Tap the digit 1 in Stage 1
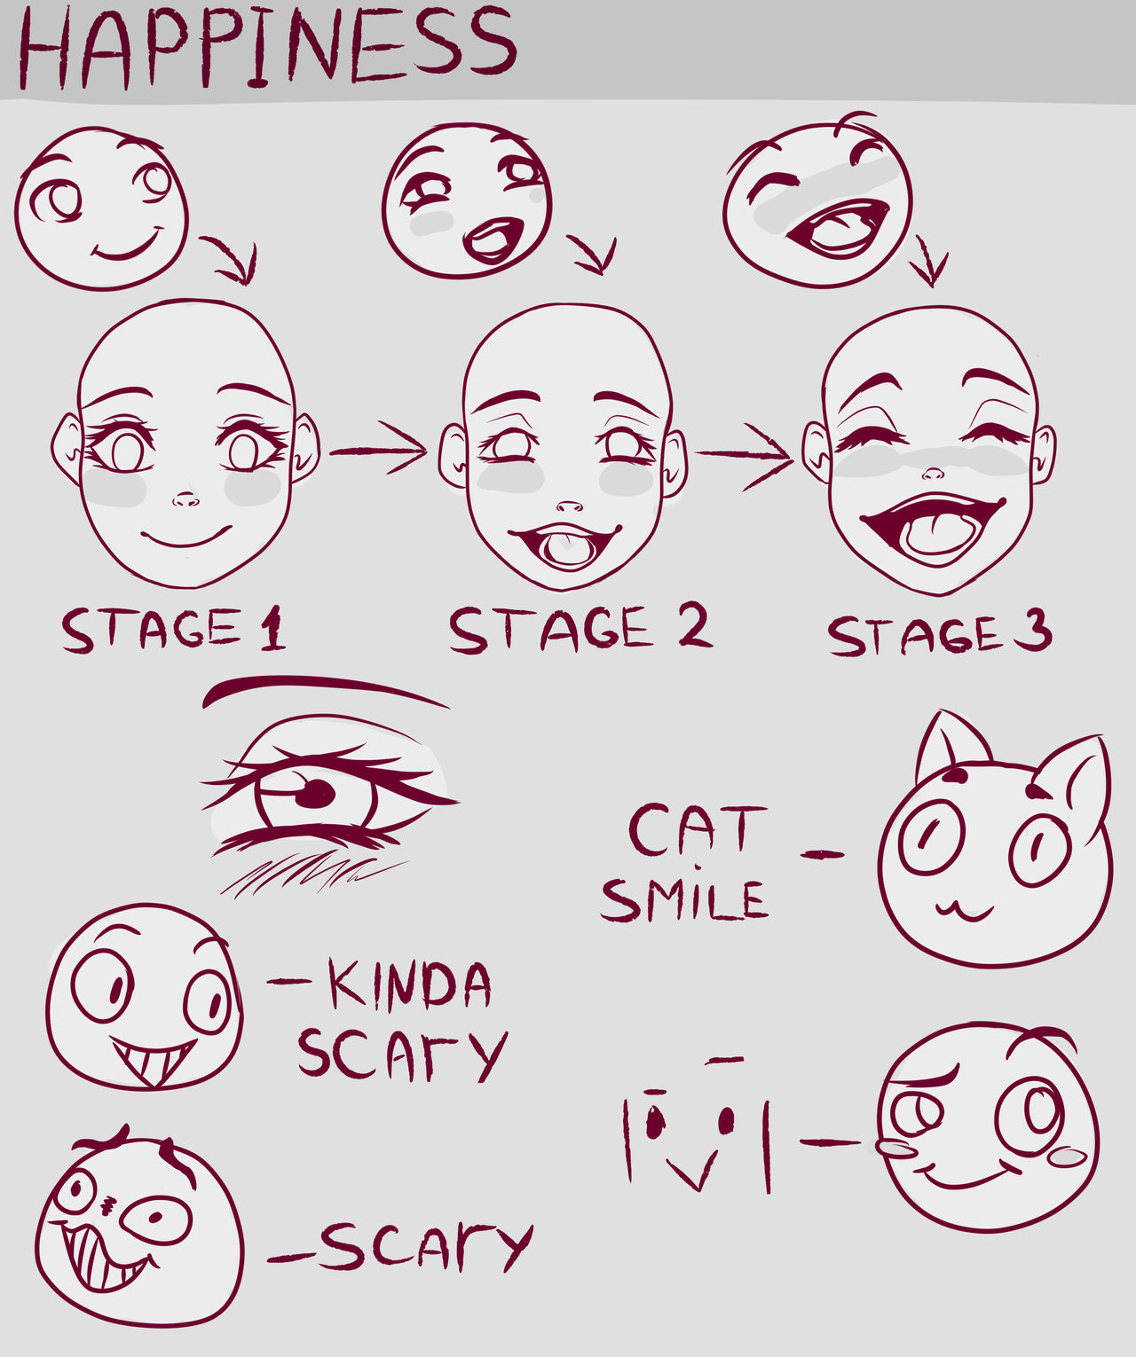point(272,629)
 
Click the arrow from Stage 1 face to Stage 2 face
point(379,451)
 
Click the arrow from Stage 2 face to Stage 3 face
point(745,455)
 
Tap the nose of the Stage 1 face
point(185,501)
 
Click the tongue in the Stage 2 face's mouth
point(565,549)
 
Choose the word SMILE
point(683,899)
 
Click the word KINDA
point(410,984)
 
